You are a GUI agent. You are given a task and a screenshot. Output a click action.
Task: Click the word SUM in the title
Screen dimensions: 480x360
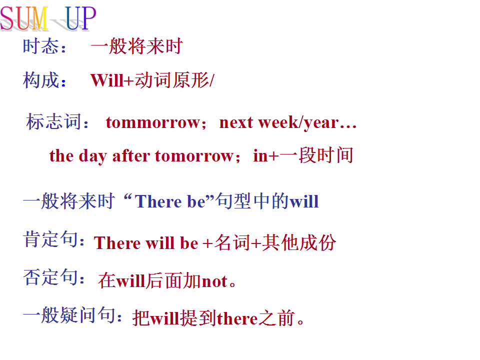24,18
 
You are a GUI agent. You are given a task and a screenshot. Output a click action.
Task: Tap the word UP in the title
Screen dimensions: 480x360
80,18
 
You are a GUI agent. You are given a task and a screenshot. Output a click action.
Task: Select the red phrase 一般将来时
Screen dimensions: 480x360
137,46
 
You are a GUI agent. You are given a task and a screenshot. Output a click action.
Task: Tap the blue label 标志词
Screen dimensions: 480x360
54,121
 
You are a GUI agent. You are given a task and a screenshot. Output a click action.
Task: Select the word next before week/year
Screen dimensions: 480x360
236,122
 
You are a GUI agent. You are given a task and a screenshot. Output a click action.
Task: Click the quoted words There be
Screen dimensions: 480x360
170,201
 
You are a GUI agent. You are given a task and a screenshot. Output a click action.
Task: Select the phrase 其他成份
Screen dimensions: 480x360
299,243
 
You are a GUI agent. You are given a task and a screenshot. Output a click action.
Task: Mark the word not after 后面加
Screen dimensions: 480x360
215,281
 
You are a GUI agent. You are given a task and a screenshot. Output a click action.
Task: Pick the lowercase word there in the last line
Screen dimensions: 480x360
237,318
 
